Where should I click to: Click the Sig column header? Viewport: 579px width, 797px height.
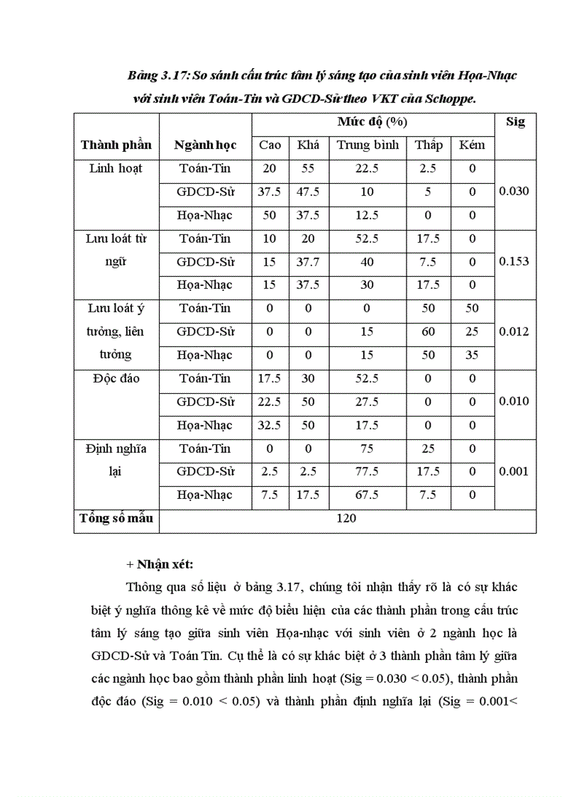coord(515,122)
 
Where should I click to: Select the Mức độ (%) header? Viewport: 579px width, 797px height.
coord(372,122)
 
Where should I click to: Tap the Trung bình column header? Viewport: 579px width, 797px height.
coord(367,145)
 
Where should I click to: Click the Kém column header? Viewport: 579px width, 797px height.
coord(472,145)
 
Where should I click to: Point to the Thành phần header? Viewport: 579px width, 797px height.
coord(116,145)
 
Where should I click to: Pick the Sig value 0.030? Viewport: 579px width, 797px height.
coord(514,192)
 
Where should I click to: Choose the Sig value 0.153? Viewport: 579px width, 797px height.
coord(514,261)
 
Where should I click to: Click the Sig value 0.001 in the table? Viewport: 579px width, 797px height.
coord(514,471)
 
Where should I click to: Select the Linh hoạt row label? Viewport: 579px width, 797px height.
coord(116,169)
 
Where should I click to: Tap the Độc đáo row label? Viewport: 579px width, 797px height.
coord(116,378)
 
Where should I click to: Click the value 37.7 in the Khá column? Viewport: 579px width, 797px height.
coord(308,262)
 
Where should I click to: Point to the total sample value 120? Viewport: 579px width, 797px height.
coord(346,519)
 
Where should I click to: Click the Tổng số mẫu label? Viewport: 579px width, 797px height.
coord(116,518)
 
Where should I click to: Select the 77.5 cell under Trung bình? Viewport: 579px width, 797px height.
coord(367,471)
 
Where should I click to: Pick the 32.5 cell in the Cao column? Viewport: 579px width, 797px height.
coord(270,425)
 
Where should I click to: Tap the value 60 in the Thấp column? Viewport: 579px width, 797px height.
coord(429,331)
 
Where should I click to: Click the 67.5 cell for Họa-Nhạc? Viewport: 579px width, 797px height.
coord(367,495)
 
